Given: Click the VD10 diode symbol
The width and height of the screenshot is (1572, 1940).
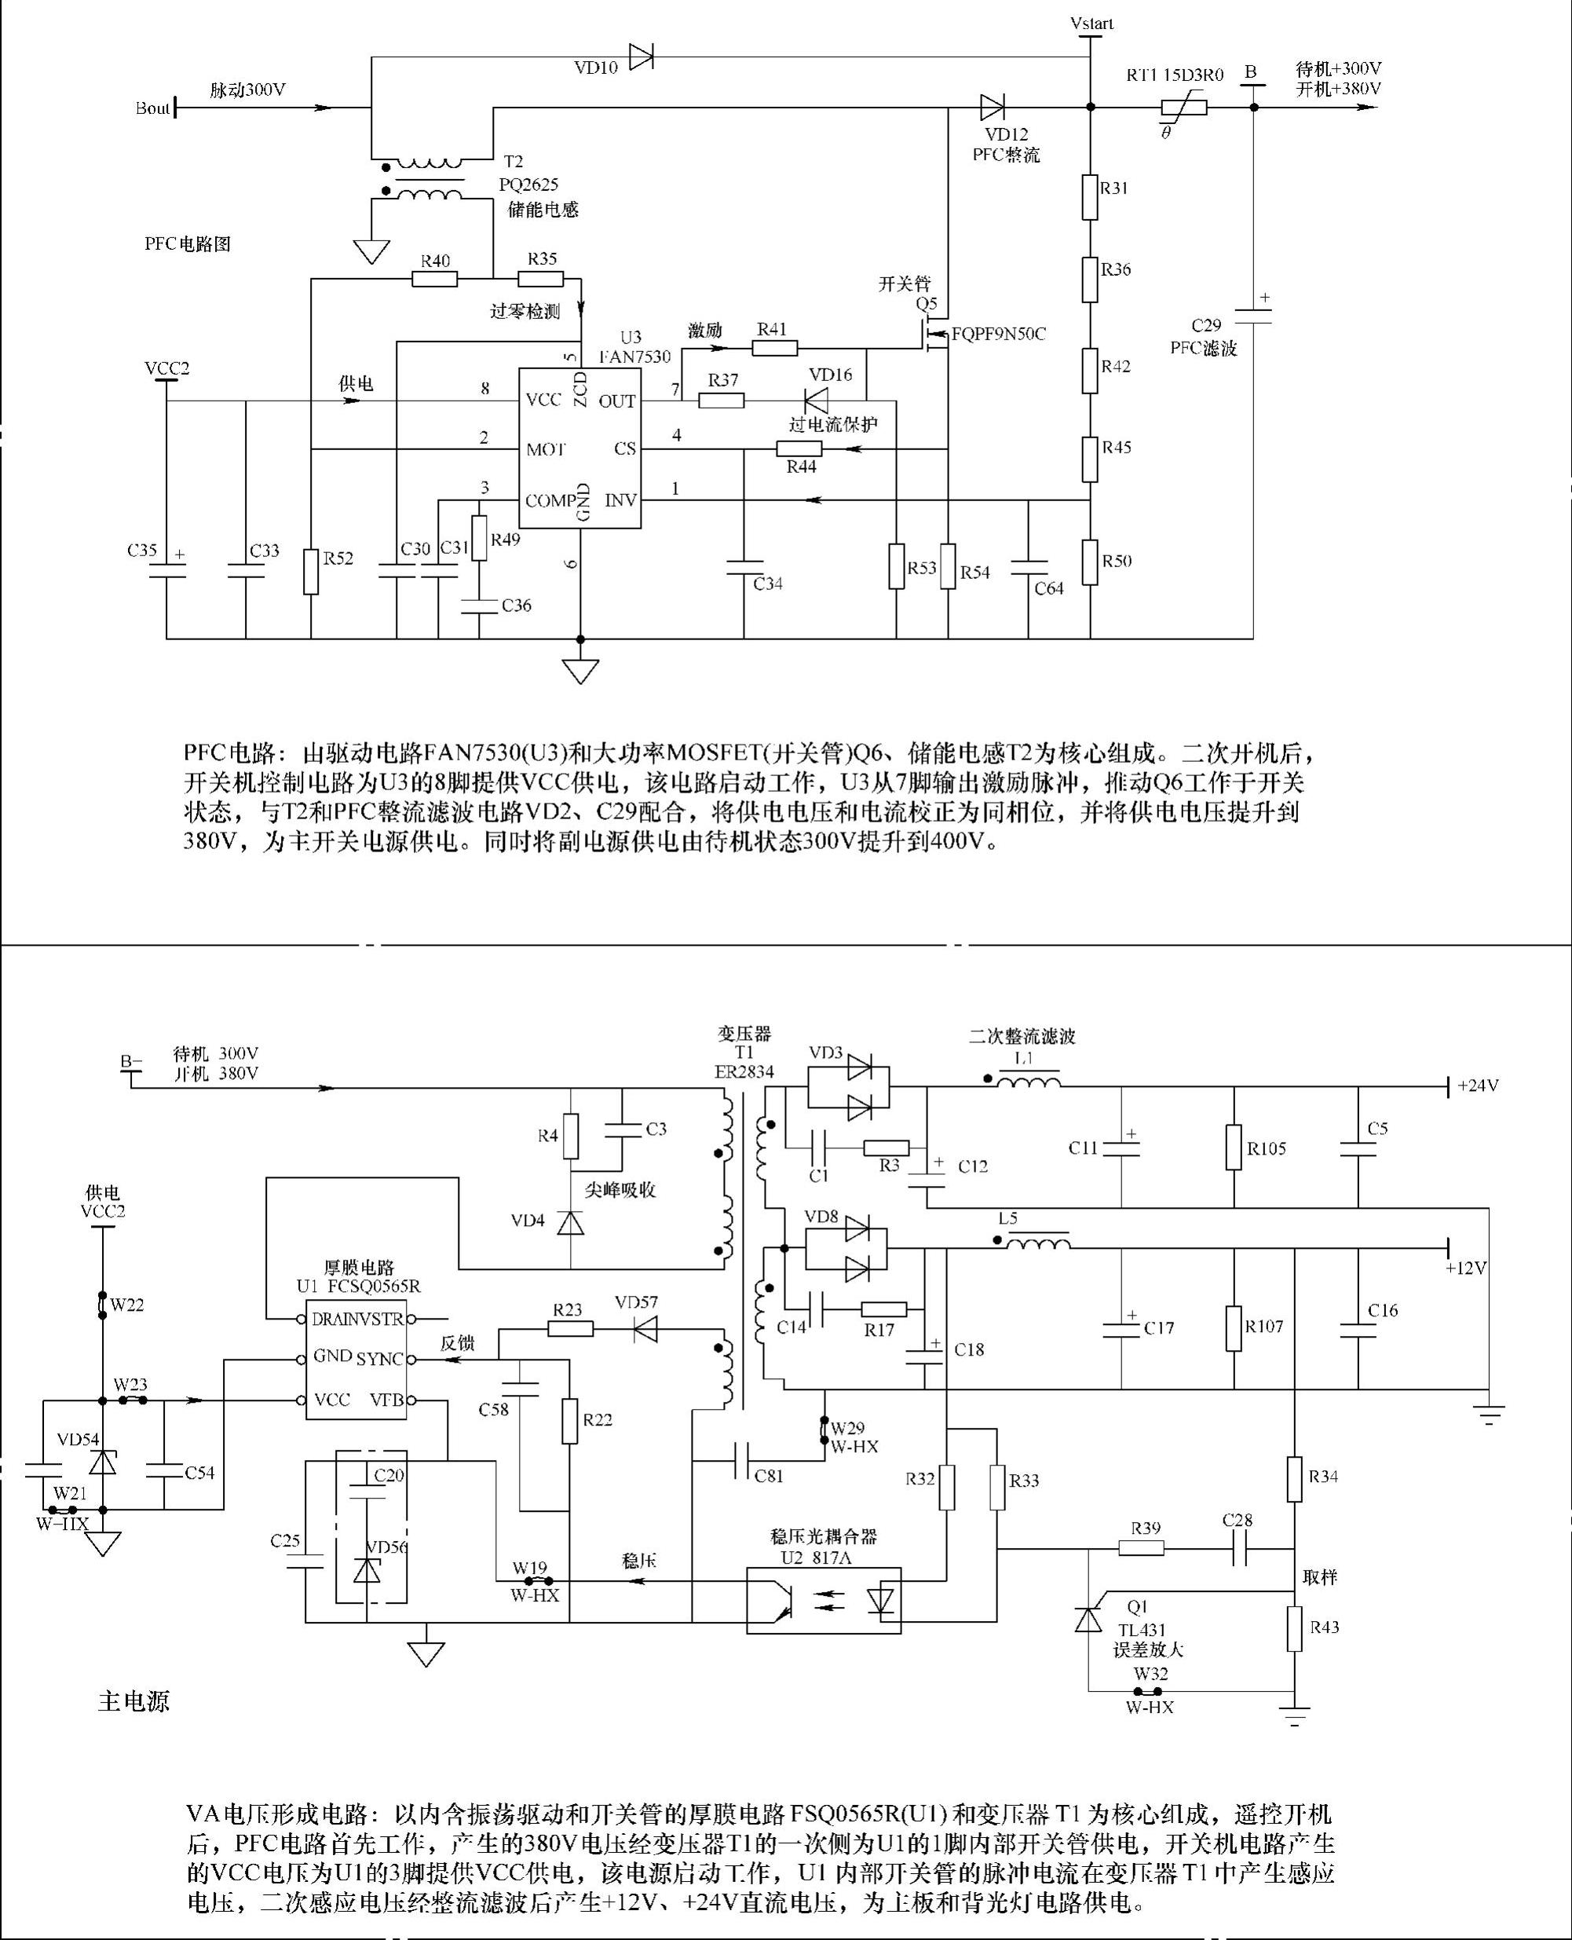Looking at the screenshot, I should point(641,57).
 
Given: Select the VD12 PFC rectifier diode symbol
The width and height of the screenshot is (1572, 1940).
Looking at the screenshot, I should point(993,108).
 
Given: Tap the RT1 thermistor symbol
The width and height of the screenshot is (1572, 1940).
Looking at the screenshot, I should point(1183,108).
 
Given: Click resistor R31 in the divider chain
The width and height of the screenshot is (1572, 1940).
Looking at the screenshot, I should point(1090,197).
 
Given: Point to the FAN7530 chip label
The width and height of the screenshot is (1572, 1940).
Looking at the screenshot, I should point(634,357).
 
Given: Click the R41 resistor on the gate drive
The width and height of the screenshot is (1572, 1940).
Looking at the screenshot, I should point(774,348).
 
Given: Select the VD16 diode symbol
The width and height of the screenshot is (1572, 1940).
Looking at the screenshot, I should point(816,400).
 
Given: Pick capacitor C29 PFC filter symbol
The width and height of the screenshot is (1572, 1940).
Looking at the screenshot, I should point(1254,315).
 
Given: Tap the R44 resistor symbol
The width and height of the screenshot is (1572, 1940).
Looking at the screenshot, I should point(799,449).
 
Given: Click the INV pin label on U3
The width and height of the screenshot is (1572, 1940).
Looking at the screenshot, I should point(620,500).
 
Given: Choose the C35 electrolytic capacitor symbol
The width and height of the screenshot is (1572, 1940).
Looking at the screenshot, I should point(166,570).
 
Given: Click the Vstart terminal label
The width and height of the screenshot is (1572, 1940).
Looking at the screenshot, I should point(1091,24).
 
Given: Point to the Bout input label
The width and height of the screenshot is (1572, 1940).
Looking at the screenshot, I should point(152,108).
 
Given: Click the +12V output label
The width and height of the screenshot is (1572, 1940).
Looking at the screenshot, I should point(1466,1268).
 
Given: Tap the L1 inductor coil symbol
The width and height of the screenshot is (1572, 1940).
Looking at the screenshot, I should point(1028,1080).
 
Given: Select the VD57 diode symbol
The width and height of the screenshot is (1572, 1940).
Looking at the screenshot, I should point(645,1330).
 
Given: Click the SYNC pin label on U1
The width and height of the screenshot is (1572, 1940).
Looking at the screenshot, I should point(379,1360).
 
